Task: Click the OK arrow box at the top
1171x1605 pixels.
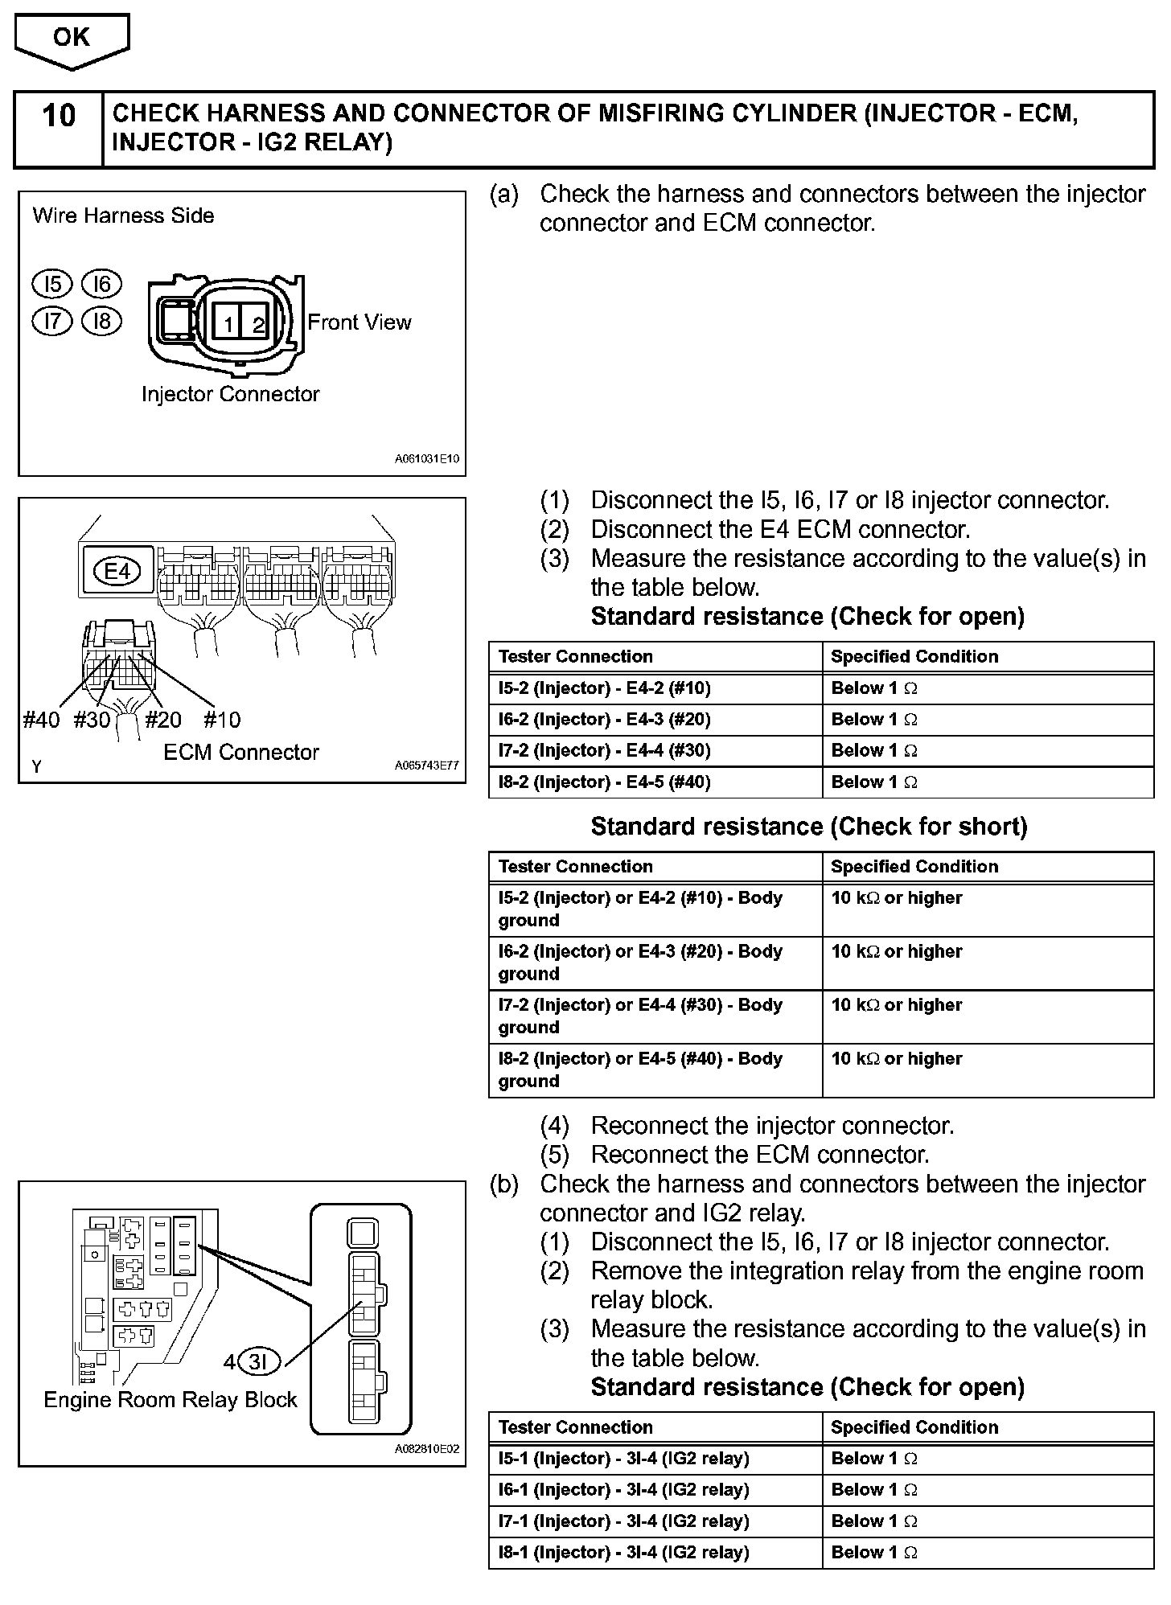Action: coord(72,39)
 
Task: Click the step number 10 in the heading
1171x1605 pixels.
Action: coord(59,116)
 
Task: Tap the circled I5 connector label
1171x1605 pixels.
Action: coord(52,284)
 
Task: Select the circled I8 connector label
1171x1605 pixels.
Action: coord(101,322)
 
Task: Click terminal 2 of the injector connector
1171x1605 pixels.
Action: coord(258,324)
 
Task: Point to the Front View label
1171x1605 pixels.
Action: coord(359,322)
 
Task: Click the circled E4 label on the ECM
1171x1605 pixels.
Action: coord(117,571)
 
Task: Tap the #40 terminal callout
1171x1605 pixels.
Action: coord(41,720)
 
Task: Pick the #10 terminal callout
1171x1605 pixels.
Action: coord(222,720)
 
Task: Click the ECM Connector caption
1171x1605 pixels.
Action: coord(241,753)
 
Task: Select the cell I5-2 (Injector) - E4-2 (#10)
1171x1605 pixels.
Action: coord(605,688)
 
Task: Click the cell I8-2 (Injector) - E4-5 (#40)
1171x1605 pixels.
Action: coord(605,782)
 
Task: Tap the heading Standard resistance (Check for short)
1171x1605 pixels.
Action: coord(809,827)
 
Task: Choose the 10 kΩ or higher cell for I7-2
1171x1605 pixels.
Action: coord(897,1005)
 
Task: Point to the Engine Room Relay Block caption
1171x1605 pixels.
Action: coord(171,1400)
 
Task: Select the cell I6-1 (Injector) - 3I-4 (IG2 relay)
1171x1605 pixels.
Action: coord(624,1490)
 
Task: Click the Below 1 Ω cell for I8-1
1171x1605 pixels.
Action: coord(874,1553)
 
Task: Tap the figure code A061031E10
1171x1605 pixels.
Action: coord(426,460)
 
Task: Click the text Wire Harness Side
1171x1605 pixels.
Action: coord(123,216)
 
